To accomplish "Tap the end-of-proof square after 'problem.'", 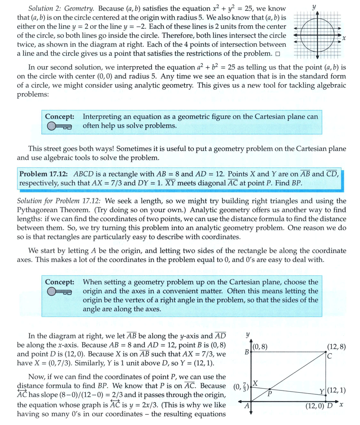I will point(277,54).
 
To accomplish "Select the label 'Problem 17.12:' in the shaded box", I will point(43,174).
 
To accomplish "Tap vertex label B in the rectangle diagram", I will point(247,352).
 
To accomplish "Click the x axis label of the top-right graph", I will point(344,39).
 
